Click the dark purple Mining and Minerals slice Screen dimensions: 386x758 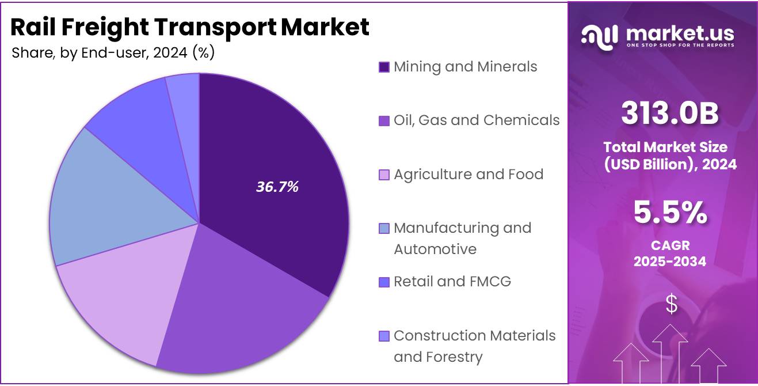pyautogui.click(x=271, y=173)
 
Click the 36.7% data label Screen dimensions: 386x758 pyautogui.click(x=277, y=186)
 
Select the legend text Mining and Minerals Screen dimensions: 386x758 pyautogui.click(x=465, y=67)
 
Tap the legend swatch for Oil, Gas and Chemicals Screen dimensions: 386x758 pyautogui.click(x=384, y=120)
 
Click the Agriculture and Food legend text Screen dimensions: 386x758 pyautogui.click(x=468, y=174)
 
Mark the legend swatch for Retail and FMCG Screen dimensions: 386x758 pyautogui.click(x=384, y=282)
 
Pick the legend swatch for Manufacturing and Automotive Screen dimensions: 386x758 pyautogui.click(x=384, y=228)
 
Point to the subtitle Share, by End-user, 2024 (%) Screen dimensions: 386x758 pyautogui.click(x=113, y=52)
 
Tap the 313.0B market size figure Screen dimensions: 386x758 pyautogui.click(x=670, y=113)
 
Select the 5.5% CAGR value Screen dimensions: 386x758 pyautogui.click(x=670, y=213)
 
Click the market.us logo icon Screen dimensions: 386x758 pyautogui.click(x=600, y=36)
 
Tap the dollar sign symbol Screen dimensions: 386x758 pyautogui.click(x=671, y=304)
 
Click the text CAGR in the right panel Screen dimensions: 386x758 pyautogui.click(x=670, y=245)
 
